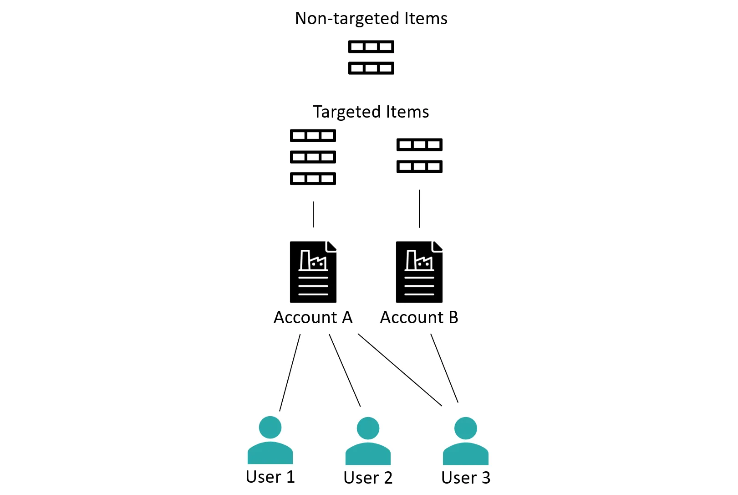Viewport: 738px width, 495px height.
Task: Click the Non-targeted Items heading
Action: click(371, 19)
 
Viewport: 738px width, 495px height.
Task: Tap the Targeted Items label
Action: click(371, 112)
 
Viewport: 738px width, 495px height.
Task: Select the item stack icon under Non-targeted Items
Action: click(371, 57)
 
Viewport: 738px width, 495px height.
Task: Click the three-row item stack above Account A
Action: click(313, 157)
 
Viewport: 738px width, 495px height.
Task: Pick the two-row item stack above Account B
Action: click(419, 156)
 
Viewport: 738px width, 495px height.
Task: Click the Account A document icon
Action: click(313, 272)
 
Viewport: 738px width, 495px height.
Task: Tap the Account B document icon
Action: click(419, 272)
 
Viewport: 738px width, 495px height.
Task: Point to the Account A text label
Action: click(313, 318)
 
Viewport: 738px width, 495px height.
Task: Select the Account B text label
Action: click(419, 318)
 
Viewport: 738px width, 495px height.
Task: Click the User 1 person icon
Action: click(270, 441)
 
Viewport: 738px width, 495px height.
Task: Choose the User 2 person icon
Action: click(368, 442)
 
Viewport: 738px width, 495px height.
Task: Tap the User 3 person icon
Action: click(466, 442)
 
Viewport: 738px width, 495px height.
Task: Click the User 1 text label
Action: click(270, 477)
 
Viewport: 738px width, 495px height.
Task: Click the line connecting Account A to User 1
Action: click(290, 372)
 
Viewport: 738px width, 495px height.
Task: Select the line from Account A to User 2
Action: click(345, 370)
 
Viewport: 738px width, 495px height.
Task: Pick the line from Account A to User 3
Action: click(400, 370)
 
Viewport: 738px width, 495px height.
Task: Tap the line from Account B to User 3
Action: click(444, 368)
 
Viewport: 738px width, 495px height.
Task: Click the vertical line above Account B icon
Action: click(419, 209)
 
